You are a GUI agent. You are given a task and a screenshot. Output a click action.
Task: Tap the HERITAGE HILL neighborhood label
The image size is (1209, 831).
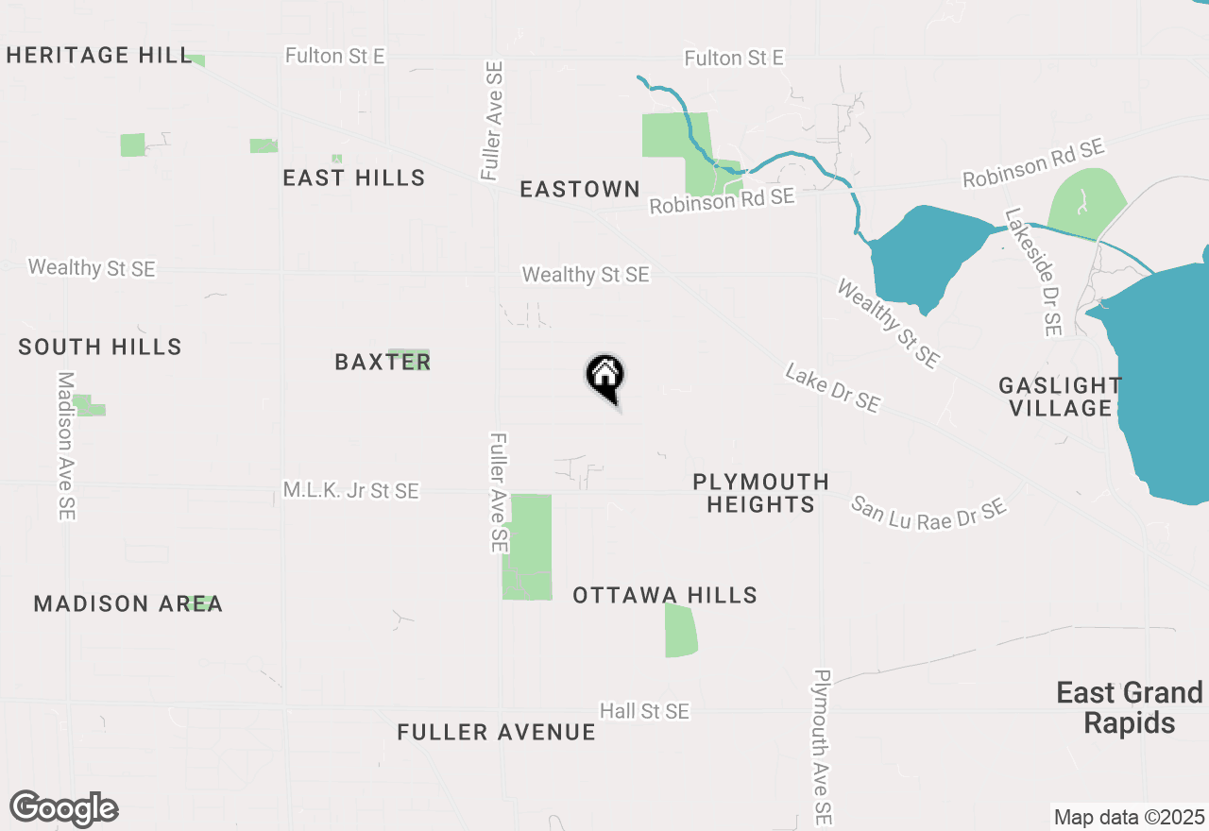[99, 56]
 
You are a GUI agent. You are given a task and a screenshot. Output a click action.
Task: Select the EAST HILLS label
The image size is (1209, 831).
[354, 178]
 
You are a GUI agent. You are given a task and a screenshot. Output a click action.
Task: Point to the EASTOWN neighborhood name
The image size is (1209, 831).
[580, 189]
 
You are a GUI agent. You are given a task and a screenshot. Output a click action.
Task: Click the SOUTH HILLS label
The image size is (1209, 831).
[100, 347]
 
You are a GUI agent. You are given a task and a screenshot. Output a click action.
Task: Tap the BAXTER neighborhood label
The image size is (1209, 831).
[383, 362]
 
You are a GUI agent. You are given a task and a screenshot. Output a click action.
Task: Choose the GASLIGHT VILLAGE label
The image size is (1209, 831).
[1061, 397]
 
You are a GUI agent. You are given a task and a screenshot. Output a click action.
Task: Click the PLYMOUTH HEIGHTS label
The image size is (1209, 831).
[760, 493]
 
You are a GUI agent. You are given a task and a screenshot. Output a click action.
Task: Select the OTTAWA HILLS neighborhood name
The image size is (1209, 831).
[665, 595]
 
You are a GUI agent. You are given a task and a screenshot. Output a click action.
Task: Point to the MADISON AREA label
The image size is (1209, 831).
[128, 603]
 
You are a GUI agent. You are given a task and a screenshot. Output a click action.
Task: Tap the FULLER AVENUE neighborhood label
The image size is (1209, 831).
[496, 732]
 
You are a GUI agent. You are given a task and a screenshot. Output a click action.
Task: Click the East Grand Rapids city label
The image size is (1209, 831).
[1130, 707]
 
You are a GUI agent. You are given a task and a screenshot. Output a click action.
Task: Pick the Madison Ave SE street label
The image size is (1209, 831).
[66, 446]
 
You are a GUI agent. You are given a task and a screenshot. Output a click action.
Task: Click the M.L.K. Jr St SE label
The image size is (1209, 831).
[350, 491]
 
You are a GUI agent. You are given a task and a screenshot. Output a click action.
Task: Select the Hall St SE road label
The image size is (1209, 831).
[644, 711]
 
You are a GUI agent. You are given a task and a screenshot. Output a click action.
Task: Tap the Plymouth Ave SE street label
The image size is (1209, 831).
[823, 746]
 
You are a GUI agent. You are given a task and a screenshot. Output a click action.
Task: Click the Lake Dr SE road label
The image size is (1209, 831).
[832, 389]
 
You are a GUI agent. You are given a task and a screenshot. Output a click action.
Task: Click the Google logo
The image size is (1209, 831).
[64, 808]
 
